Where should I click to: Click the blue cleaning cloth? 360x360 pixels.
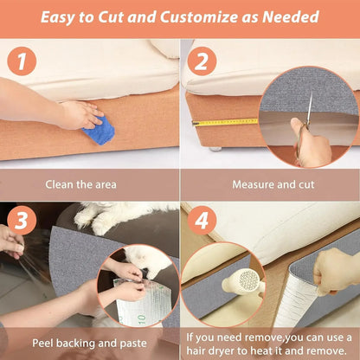click(x=99, y=129)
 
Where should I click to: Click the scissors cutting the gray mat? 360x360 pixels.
click(x=305, y=125)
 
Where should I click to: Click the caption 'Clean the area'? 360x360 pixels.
click(x=89, y=184)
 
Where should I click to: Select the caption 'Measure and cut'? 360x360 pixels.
click(x=268, y=184)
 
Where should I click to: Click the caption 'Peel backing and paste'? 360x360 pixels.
click(x=88, y=343)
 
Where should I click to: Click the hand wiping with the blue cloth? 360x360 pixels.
click(x=79, y=113)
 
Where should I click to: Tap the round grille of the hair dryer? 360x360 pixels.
click(x=249, y=281)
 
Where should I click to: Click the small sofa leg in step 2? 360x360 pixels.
click(x=213, y=148)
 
